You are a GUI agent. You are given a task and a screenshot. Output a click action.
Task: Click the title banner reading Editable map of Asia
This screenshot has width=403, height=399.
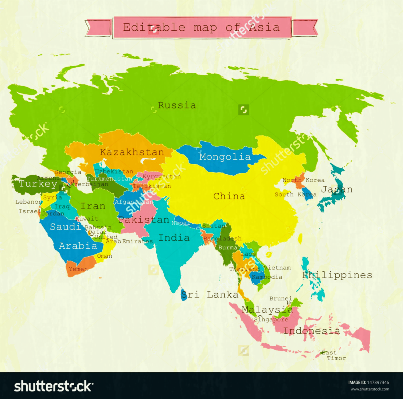point(201,28)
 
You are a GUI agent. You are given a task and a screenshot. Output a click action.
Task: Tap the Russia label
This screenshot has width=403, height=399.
point(177,105)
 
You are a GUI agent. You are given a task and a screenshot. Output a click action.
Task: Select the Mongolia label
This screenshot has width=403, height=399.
point(225,157)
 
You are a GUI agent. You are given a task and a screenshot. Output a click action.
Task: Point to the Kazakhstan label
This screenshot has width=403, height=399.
point(132,152)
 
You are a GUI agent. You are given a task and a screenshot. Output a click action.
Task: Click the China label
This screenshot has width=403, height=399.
point(229,196)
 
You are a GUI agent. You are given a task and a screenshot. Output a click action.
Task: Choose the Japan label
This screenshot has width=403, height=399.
point(337,190)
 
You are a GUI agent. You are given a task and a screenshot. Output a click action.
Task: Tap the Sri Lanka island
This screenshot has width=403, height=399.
point(184,295)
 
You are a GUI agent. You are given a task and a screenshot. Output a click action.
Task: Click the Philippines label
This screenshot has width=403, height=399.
point(337,275)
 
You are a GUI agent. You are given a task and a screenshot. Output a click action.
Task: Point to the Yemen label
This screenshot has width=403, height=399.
point(78,269)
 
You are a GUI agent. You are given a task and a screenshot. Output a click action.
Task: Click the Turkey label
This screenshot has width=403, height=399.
point(38,184)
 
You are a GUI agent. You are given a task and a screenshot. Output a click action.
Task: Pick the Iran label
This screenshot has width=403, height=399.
point(93,206)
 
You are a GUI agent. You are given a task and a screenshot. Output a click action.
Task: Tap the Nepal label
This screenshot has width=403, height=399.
point(181,223)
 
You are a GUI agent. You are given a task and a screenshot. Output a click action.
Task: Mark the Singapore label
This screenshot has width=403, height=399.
point(271,319)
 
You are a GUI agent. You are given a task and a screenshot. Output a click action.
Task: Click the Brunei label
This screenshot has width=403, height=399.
point(280,299)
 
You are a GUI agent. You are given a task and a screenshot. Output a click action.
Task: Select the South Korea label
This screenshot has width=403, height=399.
point(295,194)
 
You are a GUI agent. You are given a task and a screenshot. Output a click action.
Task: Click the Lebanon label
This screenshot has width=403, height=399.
point(28,202)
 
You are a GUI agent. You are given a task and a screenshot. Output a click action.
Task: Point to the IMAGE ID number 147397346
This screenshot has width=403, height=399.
point(379,382)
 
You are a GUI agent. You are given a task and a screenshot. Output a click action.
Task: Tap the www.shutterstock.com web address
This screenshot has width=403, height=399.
point(370,389)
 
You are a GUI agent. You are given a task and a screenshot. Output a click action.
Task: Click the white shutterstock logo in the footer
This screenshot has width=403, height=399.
point(53,386)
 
